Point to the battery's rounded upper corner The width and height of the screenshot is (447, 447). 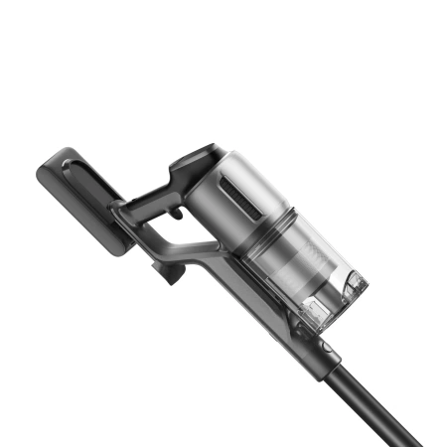(x=55, y=154)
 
